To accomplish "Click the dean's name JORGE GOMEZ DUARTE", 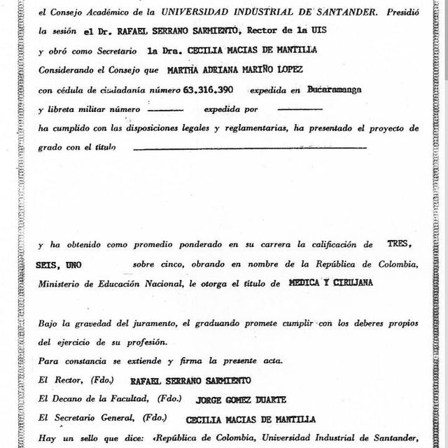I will (227, 399).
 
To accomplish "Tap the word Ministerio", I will (62, 284).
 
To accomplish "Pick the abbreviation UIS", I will (332, 31).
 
